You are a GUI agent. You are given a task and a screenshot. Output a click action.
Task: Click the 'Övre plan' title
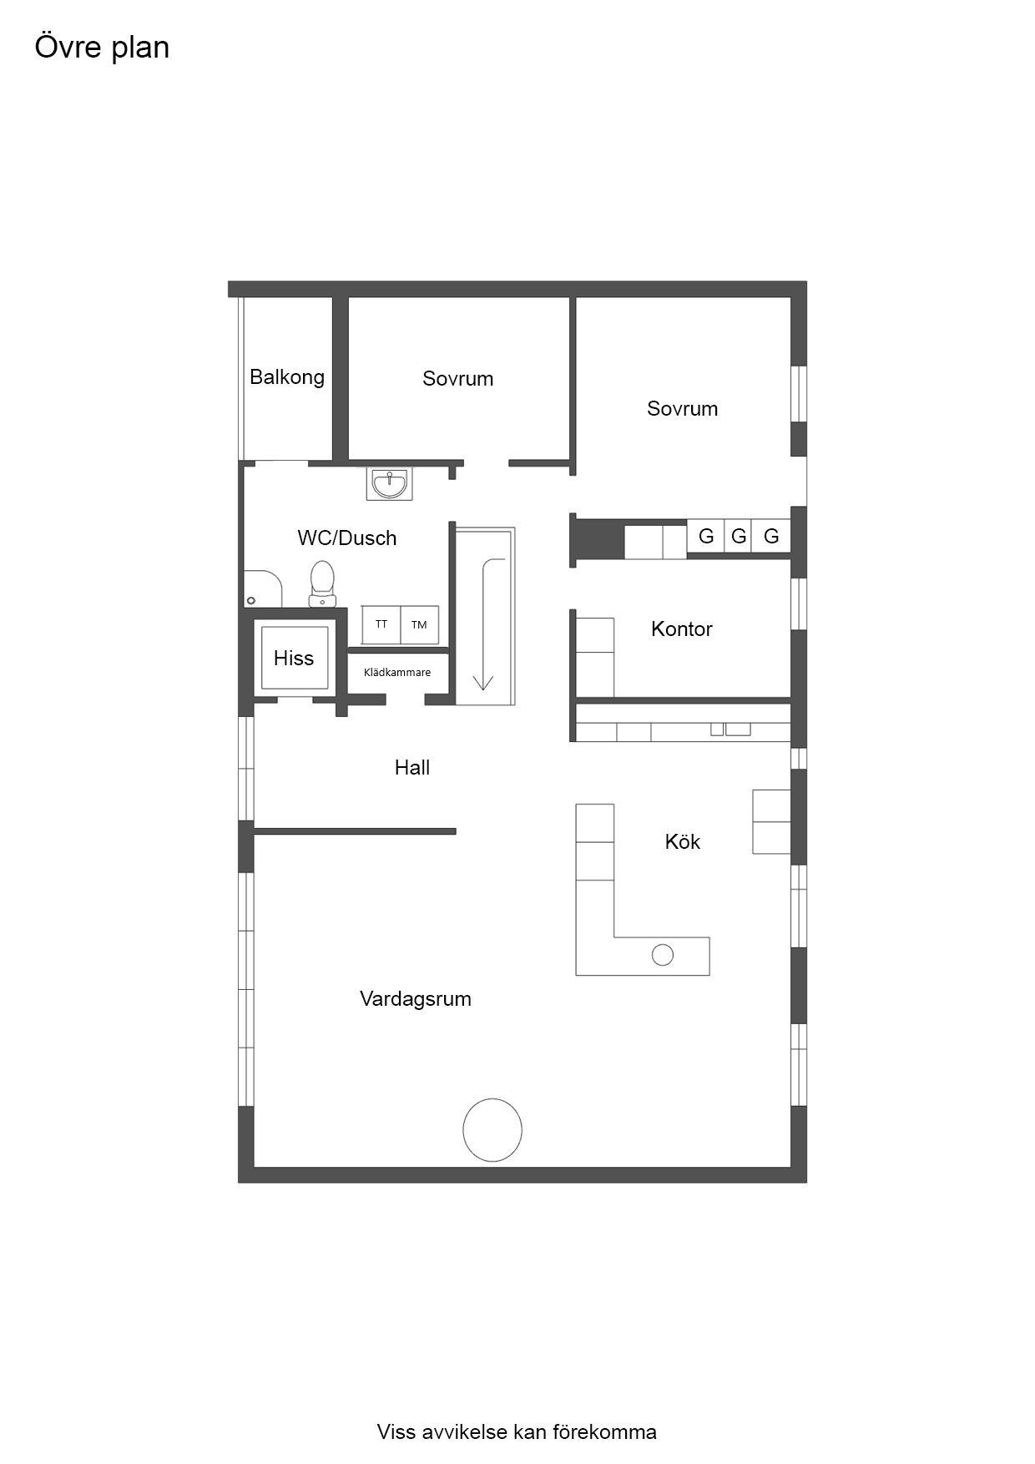102,47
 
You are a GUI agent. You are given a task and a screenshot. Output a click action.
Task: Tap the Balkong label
287,377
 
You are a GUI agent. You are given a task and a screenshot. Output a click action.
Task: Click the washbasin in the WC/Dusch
389,484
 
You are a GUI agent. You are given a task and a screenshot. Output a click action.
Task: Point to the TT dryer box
381,624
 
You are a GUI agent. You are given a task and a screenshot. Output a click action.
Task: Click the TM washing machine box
419,624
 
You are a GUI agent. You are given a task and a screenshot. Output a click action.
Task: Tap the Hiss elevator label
294,659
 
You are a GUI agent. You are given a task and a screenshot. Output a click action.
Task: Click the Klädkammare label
397,673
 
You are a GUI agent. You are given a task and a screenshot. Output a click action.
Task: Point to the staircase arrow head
483,682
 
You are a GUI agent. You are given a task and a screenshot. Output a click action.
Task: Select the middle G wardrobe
739,537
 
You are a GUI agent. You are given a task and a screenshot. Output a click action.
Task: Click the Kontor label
682,629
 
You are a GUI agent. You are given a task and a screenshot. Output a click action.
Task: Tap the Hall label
412,768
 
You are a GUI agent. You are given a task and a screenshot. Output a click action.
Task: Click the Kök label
683,842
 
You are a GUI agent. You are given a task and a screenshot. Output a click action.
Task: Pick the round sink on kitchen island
663,955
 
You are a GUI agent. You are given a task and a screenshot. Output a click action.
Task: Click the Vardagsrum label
416,999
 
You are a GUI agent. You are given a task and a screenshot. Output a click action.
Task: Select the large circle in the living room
492,1130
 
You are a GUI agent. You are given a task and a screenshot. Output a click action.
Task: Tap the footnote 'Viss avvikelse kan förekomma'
517,1432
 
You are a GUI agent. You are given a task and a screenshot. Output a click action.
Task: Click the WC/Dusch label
347,538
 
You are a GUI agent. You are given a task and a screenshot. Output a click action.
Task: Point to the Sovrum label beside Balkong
458,379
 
